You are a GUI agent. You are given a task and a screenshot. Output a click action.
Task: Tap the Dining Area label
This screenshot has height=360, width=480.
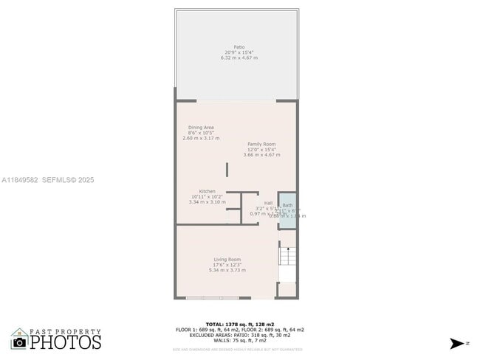[x=200, y=127]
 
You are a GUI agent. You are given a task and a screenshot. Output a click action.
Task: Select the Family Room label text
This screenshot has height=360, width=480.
[x=264, y=144]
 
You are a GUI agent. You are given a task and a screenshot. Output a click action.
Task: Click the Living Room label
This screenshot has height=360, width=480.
[x=227, y=259]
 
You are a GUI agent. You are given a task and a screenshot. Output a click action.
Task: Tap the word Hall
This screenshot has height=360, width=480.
[x=268, y=203]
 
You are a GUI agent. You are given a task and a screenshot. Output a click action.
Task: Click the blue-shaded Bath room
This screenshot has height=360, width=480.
[x=287, y=210]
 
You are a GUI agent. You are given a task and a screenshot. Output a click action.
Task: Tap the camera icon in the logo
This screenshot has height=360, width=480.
[x=19, y=342]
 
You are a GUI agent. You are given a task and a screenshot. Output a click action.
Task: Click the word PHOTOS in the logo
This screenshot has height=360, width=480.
[x=66, y=342]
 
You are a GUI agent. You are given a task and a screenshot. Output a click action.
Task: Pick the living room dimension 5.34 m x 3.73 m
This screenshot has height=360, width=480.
[x=227, y=270]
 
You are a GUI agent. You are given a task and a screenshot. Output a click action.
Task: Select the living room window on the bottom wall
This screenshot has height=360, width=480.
[x=213, y=298]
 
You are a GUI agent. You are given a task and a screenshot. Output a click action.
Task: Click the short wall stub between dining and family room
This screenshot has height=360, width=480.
[x=227, y=169]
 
